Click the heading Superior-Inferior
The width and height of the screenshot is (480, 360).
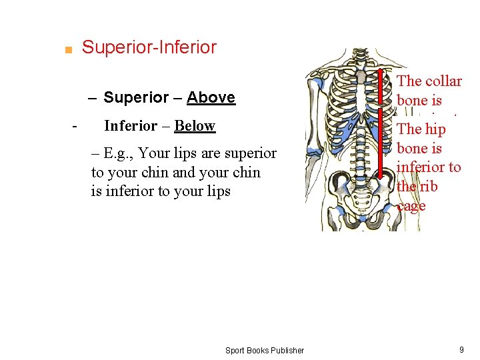tap(149, 47)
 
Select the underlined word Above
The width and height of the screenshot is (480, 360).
tap(211, 97)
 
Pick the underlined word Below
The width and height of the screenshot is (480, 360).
tap(195, 126)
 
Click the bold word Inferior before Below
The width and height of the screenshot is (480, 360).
tap(131, 126)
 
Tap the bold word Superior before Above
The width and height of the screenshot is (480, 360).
tap(136, 97)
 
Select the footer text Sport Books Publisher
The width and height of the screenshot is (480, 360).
tap(264, 350)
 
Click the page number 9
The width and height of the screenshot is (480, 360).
tap(461, 350)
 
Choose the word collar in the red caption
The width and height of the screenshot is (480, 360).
tap(443, 81)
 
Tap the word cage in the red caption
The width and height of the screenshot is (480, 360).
tap(411, 206)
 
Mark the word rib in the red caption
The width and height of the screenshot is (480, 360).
tap(428, 187)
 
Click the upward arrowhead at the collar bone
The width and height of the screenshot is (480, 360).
tap(381, 73)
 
